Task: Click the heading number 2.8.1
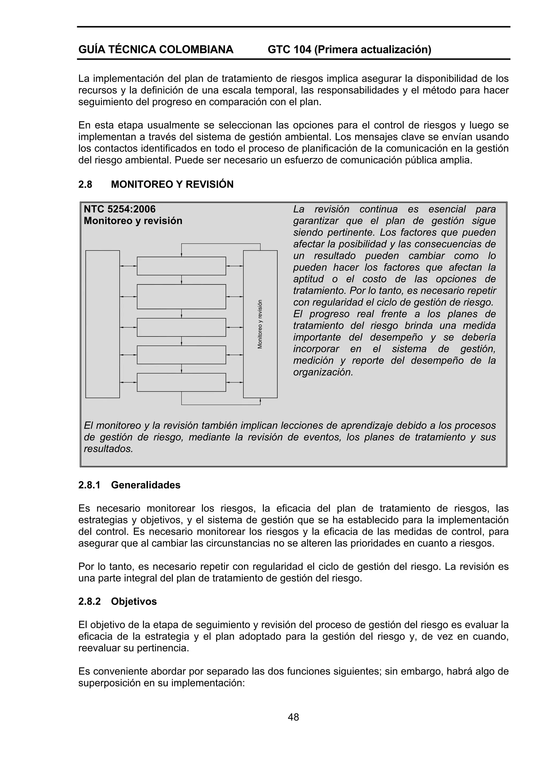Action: pyautogui.click(x=89, y=485)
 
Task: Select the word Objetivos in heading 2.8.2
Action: pyautogui.click(x=134, y=601)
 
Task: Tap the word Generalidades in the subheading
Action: pyautogui.click(x=146, y=485)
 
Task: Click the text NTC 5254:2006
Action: pyautogui.click(x=120, y=209)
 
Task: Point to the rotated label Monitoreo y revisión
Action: pyautogui.click(x=260, y=324)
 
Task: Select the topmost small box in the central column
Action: pyautogui.click(x=181, y=266)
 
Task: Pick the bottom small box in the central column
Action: pyautogui.click(x=181, y=382)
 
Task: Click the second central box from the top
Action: pyautogui.click(x=181, y=296)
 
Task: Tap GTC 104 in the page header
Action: pyautogui.click(x=289, y=49)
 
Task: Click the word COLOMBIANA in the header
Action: pyautogui.click(x=196, y=49)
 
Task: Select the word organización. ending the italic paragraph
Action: pyautogui.click(x=323, y=372)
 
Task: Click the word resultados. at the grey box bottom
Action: pyautogui.click(x=108, y=449)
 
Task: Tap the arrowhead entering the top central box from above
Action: pyautogui.click(x=182, y=255)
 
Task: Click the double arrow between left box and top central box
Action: pyautogui.click(x=128, y=266)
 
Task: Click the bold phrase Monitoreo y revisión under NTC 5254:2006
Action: pyautogui.click(x=133, y=221)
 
